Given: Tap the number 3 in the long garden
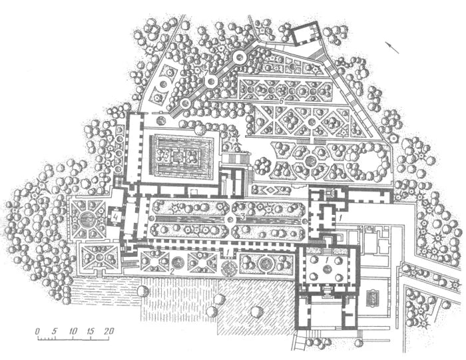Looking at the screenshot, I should pyautogui.click(x=244, y=217).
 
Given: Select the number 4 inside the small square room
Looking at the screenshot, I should pyautogui.click(x=116, y=216).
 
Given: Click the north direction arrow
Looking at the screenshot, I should pyautogui.click(x=393, y=46).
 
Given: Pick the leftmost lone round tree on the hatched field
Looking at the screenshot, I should pyautogui.click(x=142, y=291).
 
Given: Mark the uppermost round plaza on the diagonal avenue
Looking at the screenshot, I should pyautogui.click(x=238, y=58).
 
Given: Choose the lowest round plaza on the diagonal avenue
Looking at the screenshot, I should pyautogui.click(x=183, y=103).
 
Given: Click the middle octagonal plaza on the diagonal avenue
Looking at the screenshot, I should pyautogui.click(x=212, y=81).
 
